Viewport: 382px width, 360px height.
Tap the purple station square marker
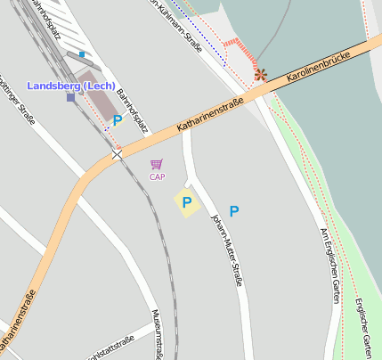pos(70,97)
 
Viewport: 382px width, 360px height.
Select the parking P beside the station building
pos(117,120)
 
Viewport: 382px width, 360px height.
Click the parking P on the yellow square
pos(187,203)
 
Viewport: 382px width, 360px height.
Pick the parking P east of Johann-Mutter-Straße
pos(234,211)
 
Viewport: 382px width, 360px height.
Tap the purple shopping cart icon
pos(157,164)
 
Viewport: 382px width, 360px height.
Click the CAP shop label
pos(157,176)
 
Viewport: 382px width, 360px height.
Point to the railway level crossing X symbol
pos(117,155)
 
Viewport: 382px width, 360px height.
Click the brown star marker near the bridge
pos(261,75)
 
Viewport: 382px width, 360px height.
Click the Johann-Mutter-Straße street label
pos(226,249)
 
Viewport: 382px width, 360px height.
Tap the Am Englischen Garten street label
pos(330,264)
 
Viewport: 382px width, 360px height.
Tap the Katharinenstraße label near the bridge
pos(211,117)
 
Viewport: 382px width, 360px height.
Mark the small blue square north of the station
pos(82,54)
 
